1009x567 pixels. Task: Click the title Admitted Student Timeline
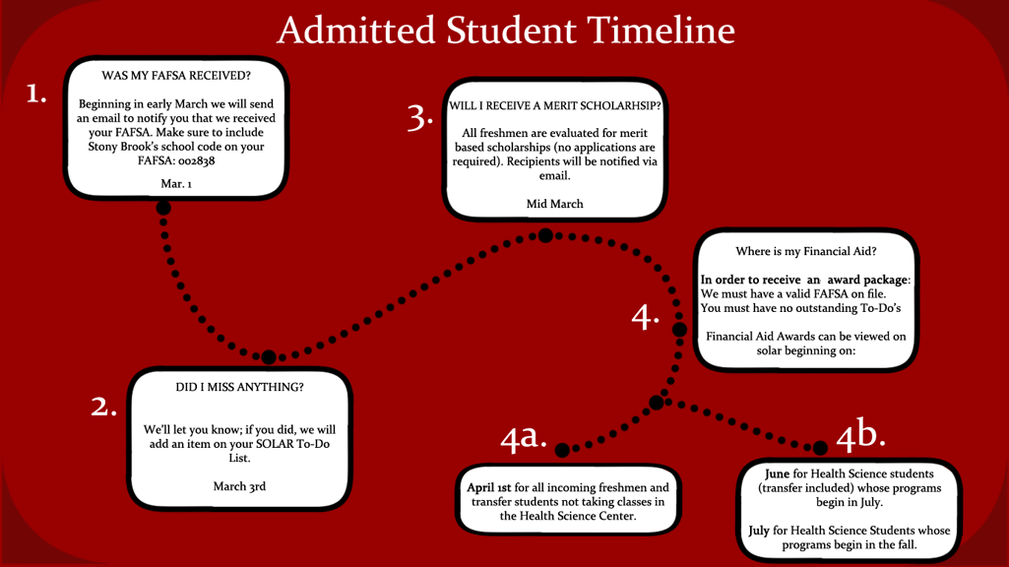[x=505, y=31]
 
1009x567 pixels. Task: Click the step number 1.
[x=37, y=94]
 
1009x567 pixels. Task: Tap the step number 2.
[x=103, y=407]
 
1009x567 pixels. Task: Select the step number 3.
[x=420, y=117]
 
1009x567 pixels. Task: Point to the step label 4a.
[x=523, y=437]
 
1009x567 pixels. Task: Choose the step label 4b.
[x=860, y=434]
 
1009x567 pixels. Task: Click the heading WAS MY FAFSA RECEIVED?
[x=176, y=75]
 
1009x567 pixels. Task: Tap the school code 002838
[x=197, y=160]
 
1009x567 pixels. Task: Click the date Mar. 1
[x=176, y=184]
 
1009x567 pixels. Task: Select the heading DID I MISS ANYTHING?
[x=239, y=387]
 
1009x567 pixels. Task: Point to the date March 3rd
[x=239, y=486]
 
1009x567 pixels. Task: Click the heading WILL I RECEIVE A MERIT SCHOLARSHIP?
[x=555, y=105]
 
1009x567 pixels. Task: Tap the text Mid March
[x=555, y=204]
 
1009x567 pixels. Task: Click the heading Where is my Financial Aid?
[x=806, y=251]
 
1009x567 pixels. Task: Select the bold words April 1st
[x=488, y=487]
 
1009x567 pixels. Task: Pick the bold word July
[x=758, y=531]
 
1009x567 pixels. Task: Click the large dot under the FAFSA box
[x=163, y=208]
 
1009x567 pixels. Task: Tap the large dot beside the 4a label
[x=562, y=450]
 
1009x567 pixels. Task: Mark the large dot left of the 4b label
[x=821, y=448]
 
